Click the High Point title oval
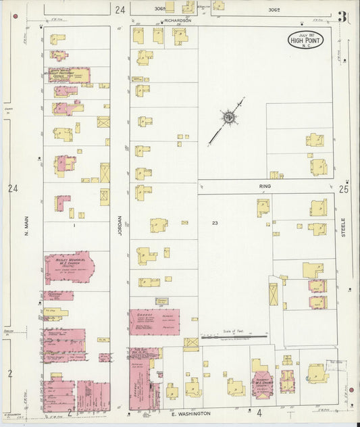(305, 40)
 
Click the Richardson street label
(178, 21)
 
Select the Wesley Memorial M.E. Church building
(69, 268)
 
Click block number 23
(215, 222)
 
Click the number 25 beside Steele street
(344, 190)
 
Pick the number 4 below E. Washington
(259, 412)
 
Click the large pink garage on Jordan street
(155, 322)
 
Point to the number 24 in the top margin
(120, 10)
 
